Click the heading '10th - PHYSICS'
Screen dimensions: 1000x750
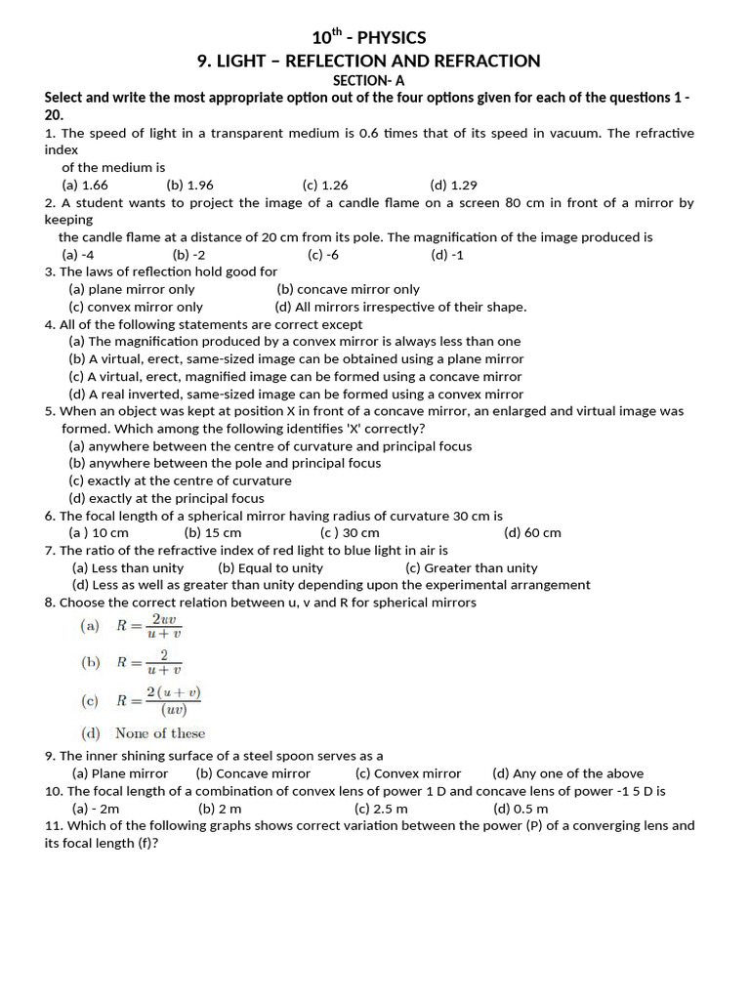pos(369,38)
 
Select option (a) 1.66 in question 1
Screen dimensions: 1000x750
pos(85,185)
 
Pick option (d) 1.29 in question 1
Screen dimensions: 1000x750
pos(453,185)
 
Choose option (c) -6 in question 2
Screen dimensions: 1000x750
pos(323,255)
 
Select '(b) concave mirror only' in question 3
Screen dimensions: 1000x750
pos(348,289)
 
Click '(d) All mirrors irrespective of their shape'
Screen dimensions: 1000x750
pos(400,307)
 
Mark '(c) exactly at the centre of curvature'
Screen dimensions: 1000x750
pos(180,480)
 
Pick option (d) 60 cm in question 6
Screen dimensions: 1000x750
pos(532,533)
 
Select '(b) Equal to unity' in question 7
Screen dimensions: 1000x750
pos(271,567)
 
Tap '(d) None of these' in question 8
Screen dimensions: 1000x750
pos(144,733)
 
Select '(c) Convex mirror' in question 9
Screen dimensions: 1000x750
pos(408,773)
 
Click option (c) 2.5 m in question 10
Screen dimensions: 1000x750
pos(381,809)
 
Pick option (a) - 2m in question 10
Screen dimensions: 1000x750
pos(96,809)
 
